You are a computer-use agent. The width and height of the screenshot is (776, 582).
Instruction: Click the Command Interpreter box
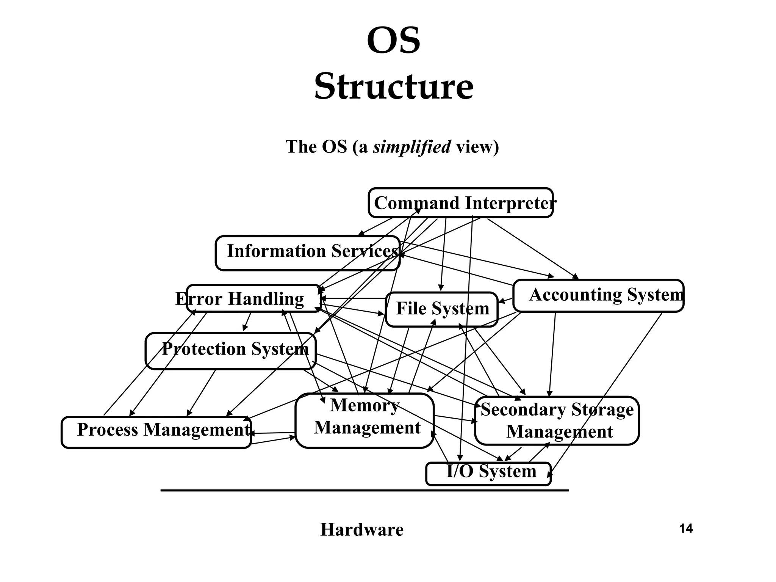pyautogui.click(x=460, y=203)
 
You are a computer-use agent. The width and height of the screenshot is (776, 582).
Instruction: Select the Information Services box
pyautogui.click(x=308, y=253)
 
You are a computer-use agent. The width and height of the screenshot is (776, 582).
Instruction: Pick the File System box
pyautogui.click(x=441, y=309)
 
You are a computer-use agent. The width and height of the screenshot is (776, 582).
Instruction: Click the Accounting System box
pyautogui.click(x=599, y=296)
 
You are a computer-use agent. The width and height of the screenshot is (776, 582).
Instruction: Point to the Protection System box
pyautogui.click(x=230, y=351)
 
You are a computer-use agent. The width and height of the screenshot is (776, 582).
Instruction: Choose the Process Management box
pyautogui.click(x=156, y=432)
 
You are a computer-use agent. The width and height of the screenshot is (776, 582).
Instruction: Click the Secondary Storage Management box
pyautogui.click(x=557, y=421)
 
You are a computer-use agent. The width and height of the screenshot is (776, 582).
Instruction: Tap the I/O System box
pyautogui.click(x=488, y=473)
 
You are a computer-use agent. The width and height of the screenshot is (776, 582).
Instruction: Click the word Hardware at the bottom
pyautogui.click(x=362, y=529)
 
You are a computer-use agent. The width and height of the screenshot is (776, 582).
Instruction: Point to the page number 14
pyautogui.click(x=686, y=528)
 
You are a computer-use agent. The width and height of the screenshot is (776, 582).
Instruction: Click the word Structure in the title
pyautogui.click(x=394, y=87)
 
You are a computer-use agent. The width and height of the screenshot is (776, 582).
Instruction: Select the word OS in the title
pyautogui.click(x=394, y=41)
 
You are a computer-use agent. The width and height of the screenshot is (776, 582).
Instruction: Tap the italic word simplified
pyautogui.click(x=412, y=147)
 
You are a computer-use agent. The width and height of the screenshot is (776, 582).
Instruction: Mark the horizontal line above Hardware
pyautogui.click(x=365, y=490)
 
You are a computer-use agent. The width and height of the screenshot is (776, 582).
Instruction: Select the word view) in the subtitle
pyautogui.click(x=477, y=147)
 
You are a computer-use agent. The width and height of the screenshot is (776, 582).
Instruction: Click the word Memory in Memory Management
pyautogui.click(x=365, y=405)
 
